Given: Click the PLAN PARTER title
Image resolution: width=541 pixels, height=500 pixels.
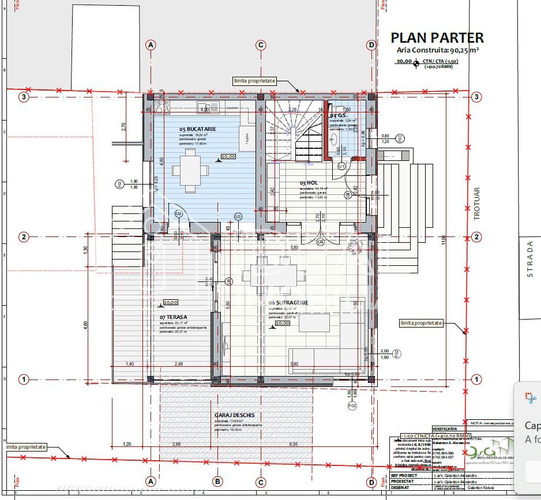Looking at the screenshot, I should click(437, 38).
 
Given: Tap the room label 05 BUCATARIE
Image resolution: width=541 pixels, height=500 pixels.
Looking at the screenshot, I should click(197, 129).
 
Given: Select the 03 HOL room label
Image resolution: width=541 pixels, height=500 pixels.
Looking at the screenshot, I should click(309, 183).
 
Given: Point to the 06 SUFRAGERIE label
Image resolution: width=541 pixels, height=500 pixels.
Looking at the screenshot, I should click(288, 303).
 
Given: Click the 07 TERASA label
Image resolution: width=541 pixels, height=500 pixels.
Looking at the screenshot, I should click(174, 317).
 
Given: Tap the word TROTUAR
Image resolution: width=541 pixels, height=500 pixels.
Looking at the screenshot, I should click(476, 203).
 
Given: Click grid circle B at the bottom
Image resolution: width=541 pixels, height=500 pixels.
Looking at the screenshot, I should click(217, 482).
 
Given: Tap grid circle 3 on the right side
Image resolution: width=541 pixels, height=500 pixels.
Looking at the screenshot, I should click(476, 97).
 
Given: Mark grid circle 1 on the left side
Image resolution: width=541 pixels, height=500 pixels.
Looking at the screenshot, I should click(24, 379).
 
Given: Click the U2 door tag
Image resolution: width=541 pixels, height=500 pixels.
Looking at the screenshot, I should click(179, 214).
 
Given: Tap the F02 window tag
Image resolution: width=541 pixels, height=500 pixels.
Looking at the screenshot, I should click(352, 406).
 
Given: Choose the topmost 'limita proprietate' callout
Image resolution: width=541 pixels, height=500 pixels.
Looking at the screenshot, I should click(254, 81).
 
